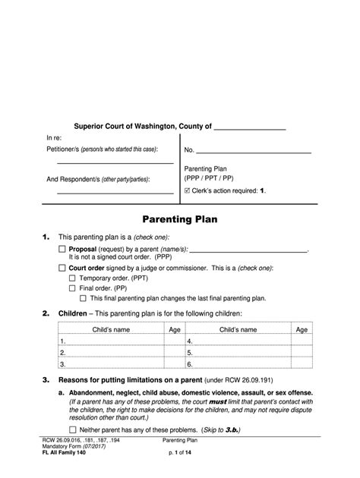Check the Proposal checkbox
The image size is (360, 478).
pos(62,249)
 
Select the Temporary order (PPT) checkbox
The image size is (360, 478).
pos(73,278)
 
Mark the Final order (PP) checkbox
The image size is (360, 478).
pos(73,288)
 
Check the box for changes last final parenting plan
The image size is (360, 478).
pos(84,298)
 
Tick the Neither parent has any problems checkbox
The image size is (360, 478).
pos(62,429)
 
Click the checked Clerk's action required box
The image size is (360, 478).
pos(188,190)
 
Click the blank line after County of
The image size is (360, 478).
pos(250,127)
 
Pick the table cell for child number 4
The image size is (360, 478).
pos(238,342)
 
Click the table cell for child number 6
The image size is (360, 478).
pos(238,363)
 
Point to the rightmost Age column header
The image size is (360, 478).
pos(302,330)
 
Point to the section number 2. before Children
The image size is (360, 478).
pos(46,313)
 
